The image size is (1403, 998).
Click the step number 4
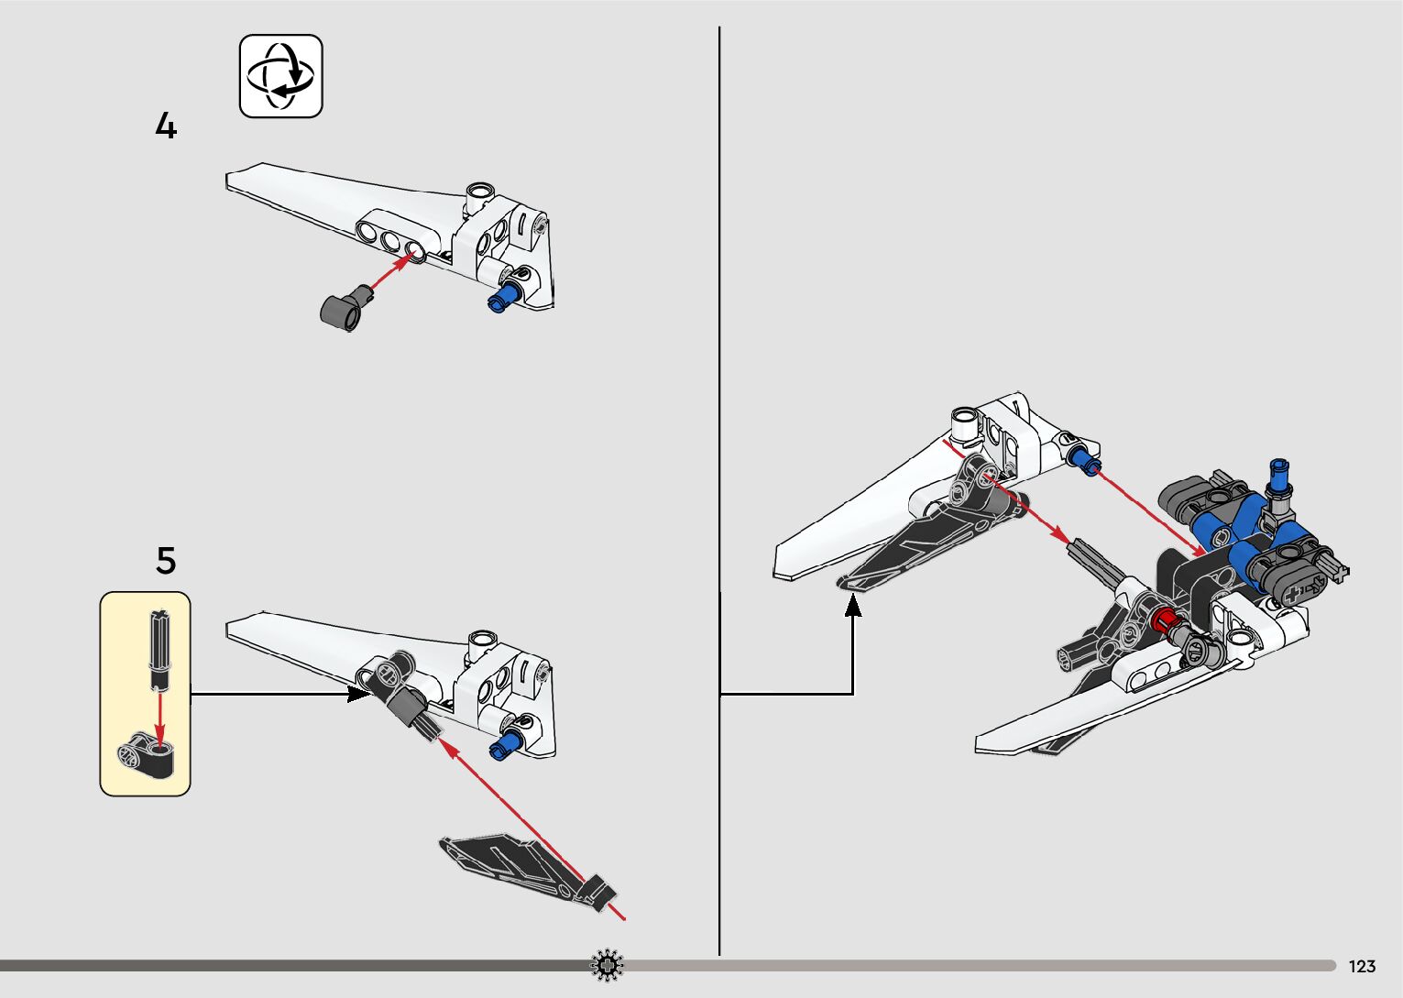[165, 126]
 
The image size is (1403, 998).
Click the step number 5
[165, 560]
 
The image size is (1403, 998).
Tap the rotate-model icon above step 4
[280, 76]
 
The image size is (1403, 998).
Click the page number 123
[1362, 966]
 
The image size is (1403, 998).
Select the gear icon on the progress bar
[607, 965]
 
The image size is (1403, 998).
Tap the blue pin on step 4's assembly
[503, 296]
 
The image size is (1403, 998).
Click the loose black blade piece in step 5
[522, 865]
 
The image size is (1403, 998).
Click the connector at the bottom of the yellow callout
[146, 754]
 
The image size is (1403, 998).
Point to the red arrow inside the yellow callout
[159, 718]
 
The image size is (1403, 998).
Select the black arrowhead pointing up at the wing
[853, 605]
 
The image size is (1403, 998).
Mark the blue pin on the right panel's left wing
[1085, 459]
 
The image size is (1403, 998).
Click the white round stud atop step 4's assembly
[478, 192]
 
